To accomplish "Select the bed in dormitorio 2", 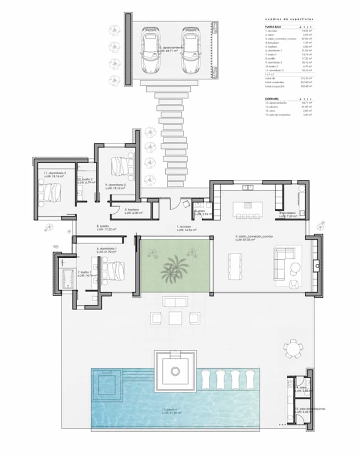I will point(120,165).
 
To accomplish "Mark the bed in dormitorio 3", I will point(51,192).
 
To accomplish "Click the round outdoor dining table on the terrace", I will point(293,348).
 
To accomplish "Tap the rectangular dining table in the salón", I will point(235,266).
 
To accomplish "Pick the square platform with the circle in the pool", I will point(175,371).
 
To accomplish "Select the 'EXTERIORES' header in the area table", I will point(273,98).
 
